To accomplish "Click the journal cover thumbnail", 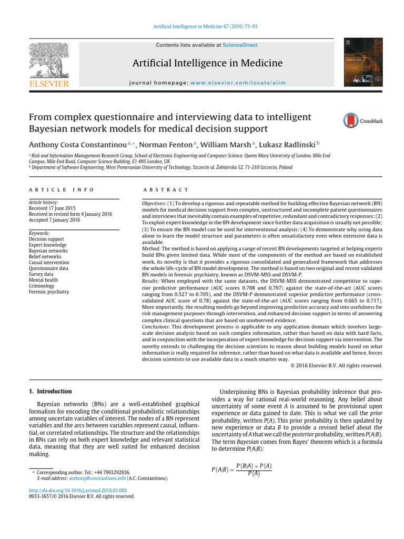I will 363,63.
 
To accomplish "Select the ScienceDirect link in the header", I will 239,45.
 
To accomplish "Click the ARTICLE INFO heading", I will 61,189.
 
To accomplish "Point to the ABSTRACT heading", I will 165,189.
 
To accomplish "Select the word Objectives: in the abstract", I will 154,203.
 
